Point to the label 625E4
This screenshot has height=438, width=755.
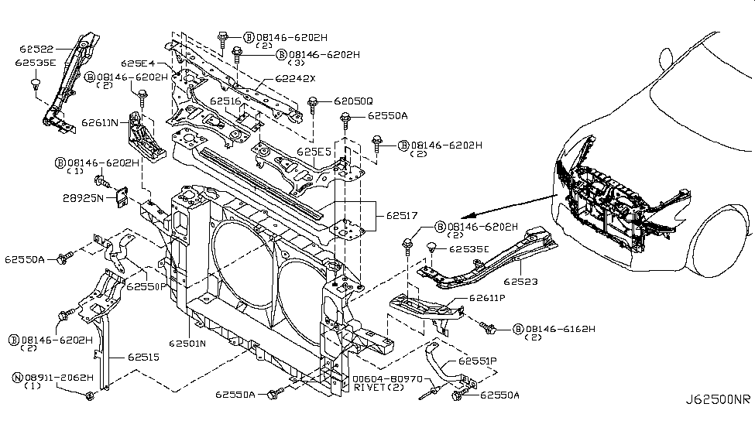click(138, 63)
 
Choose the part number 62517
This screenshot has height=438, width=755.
click(396, 218)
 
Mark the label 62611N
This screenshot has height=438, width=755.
click(100, 122)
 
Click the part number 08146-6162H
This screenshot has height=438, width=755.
click(560, 329)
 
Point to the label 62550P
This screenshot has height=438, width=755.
click(143, 286)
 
